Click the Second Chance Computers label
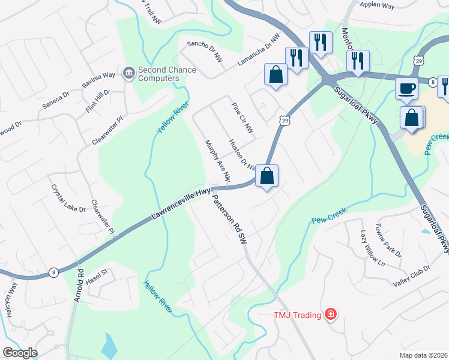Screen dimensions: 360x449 [167, 74]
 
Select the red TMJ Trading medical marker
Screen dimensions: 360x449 [330, 314]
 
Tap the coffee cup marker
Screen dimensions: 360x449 [406, 88]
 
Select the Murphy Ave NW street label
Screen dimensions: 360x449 [218, 161]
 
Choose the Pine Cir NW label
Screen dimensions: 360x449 [243, 117]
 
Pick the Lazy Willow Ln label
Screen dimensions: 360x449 [372, 247]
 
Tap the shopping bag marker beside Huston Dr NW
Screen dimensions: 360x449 [267, 176]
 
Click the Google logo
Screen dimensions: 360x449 [20, 353]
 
